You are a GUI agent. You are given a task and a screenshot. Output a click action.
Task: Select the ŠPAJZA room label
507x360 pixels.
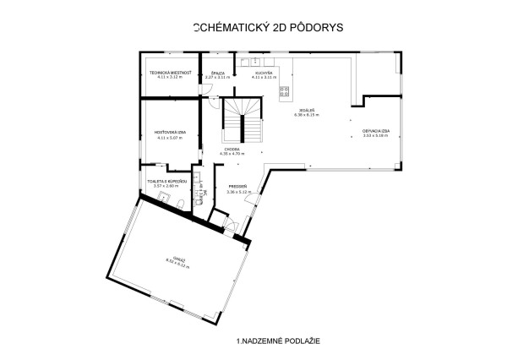[x=218, y=73]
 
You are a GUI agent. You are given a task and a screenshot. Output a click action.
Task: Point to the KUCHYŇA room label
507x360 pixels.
[x=264, y=73]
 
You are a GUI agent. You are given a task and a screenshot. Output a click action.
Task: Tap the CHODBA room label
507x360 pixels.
[x=232, y=150]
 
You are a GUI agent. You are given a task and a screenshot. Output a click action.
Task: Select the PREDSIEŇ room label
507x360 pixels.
[x=236, y=187]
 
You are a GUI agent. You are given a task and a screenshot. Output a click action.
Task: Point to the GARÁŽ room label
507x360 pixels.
[x=178, y=259]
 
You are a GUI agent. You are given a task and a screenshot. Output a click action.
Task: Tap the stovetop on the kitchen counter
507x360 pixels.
[x=285, y=91]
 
